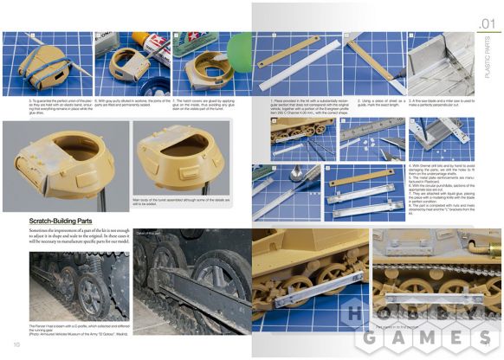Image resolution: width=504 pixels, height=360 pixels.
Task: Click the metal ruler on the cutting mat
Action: pos(364,132)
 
